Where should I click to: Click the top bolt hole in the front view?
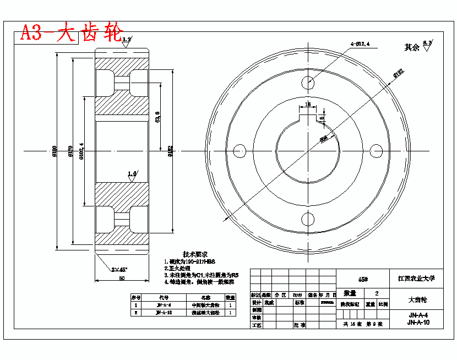tap(308, 83)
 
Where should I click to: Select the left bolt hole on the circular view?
tap(240, 150)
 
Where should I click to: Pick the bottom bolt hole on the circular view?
tap(308, 219)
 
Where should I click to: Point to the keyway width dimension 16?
tap(308, 103)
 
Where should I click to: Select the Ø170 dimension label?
tap(69, 150)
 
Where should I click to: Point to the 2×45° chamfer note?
tap(118, 270)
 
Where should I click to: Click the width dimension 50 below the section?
tap(122, 278)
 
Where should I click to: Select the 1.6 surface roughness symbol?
tap(132, 174)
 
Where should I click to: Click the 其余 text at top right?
tap(412, 47)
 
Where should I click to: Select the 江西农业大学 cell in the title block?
tap(416, 279)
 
